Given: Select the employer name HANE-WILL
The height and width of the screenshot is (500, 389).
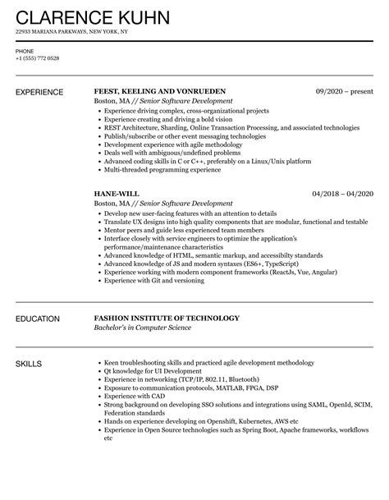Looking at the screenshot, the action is pos(117,193).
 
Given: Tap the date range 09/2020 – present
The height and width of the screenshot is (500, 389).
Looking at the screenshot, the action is pos(345,90).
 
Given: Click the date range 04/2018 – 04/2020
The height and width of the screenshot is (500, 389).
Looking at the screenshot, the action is pos(342,193).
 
